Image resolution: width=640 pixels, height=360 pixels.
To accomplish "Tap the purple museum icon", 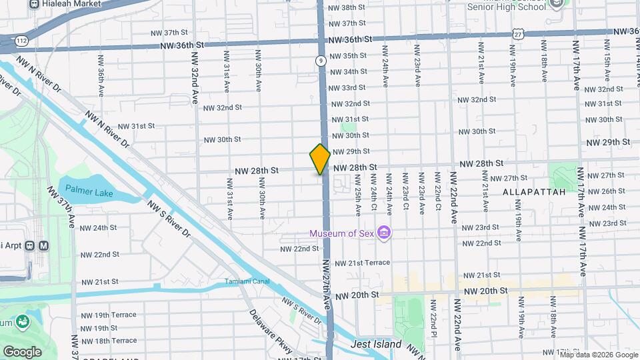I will [384, 233].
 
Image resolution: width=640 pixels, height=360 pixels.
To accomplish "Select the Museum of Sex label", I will [341, 233].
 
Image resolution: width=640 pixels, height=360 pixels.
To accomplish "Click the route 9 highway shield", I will [321, 61].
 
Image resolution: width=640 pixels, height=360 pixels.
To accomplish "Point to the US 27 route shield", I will [517, 34].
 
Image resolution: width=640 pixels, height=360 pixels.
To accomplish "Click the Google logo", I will [22, 351].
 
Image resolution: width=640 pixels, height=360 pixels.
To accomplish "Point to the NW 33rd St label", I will [353, 87].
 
